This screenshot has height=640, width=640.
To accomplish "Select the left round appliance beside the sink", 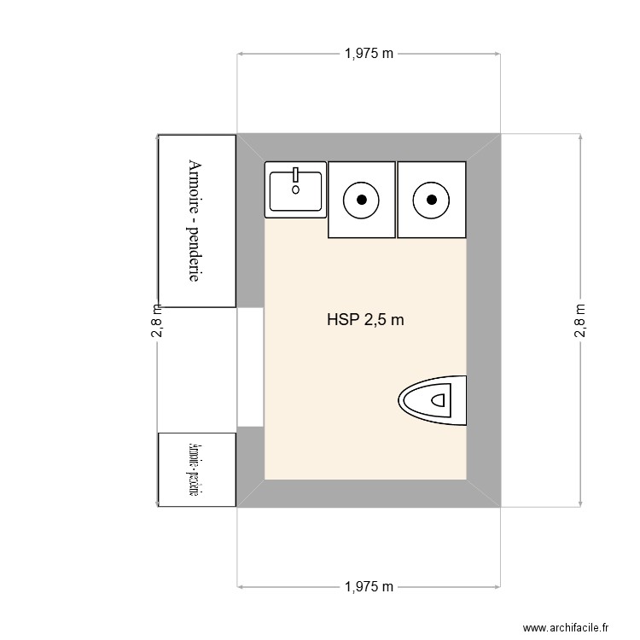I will pyautogui.click(x=362, y=200).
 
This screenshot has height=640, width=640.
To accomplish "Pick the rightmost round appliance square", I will pyautogui.click(x=432, y=200).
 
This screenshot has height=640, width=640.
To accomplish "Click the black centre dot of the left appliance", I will pyautogui.click(x=362, y=200).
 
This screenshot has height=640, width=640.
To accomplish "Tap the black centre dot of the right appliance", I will pyautogui.click(x=432, y=200).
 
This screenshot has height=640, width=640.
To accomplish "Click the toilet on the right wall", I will pyautogui.click(x=433, y=399).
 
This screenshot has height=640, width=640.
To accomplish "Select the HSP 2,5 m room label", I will pyautogui.click(x=364, y=321).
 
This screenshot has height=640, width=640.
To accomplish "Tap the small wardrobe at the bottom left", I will pyautogui.click(x=197, y=469).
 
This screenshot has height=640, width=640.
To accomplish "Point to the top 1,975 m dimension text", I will pyautogui.click(x=369, y=54).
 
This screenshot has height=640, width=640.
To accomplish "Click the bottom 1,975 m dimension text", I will pyautogui.click(x=369, y=587).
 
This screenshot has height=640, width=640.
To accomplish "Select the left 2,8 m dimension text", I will pyautogui.click(x=157, y=321).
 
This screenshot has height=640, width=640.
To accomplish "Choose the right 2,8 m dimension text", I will pyautogui.click(x=580, y=321).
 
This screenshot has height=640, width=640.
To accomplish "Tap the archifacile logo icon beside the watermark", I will pyautogui.click(x=514, y=627).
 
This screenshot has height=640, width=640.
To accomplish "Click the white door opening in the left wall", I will pyautogui.click(x=250, y=367).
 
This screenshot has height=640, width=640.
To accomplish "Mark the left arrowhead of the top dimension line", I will pyautogui.click(x=241, y=54).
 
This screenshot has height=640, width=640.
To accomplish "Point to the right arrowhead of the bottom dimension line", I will pyautogui.click(x=497, y=587).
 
